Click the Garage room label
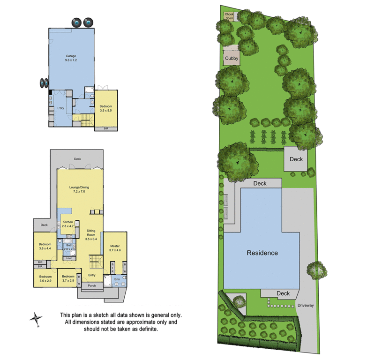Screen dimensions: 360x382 [x=71, y=56]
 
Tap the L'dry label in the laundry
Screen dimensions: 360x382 [x=60, y=108]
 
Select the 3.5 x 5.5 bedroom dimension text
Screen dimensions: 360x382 [x=105, y=111]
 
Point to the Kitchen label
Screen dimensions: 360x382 [x=68, y=222]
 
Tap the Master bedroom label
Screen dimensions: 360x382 [x=115, y=246]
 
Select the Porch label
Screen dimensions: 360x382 [x=92, y=285]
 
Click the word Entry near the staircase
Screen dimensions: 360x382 [x=92, y=275]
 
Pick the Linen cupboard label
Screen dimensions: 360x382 [x=69, y=258]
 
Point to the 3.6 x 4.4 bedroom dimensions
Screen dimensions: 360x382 [x=45, y=248]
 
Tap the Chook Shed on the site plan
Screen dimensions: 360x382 [x=229, y=16]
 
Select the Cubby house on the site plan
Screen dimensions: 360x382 [x=232, y=59]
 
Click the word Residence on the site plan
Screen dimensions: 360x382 [x=262, y=253]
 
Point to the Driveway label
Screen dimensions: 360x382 [x=305, y=305]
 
